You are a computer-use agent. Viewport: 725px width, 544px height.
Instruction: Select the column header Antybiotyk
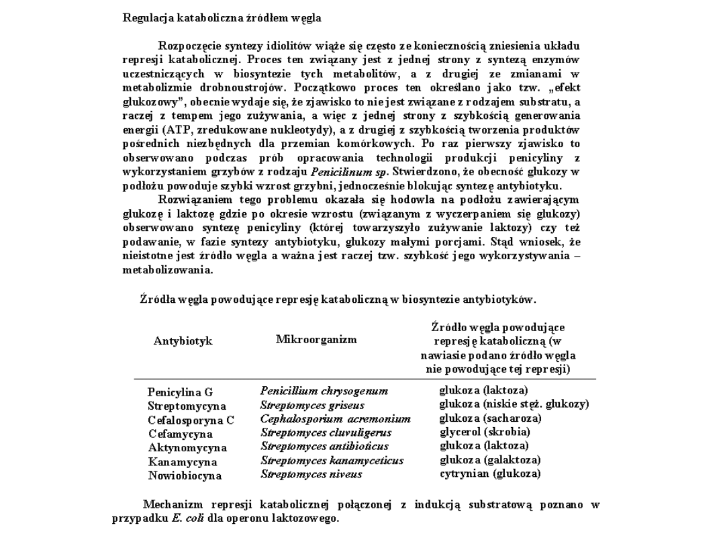click(183, 341)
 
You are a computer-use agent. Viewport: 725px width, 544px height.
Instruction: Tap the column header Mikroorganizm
click(316, 339)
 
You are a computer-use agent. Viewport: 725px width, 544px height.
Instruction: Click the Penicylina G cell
click(180, 392)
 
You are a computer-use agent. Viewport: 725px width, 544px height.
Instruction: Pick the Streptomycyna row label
click(187, 406)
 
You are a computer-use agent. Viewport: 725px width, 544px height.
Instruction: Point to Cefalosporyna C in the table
click(191, 420)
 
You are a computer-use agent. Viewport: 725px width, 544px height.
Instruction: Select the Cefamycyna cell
click(180, 434)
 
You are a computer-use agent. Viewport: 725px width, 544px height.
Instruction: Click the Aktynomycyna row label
click(187, 447)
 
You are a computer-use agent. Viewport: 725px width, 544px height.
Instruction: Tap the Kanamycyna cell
click(183, 462)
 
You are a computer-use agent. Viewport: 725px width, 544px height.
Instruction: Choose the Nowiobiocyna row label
click(185, 475)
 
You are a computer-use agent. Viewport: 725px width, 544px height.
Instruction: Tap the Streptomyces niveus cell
click(311, 474)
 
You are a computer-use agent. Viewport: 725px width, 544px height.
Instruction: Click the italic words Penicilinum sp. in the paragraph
click(344, 171)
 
